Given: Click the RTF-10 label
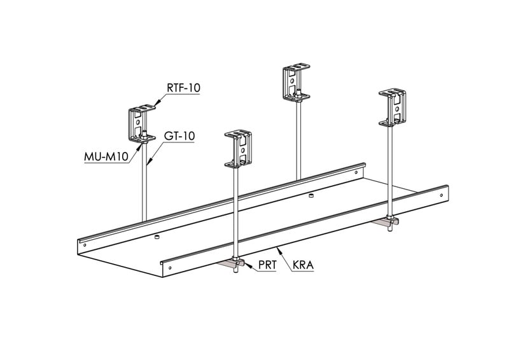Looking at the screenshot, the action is pyautogui.click(x=183, y=88).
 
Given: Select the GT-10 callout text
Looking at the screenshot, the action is pyautogui.click(x=179, y=136).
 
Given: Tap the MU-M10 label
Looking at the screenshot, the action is pyautogui.click(x=106, y=157).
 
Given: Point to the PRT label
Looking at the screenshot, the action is pyautogui.click(x=267, y=265).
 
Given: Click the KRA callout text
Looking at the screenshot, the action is pyautogui.click(x=303, y=265).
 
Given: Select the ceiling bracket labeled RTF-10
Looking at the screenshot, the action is pyautogui.click(x=141, y=123).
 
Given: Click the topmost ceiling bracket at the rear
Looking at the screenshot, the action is pyautogui.click(x=296, y=82).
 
